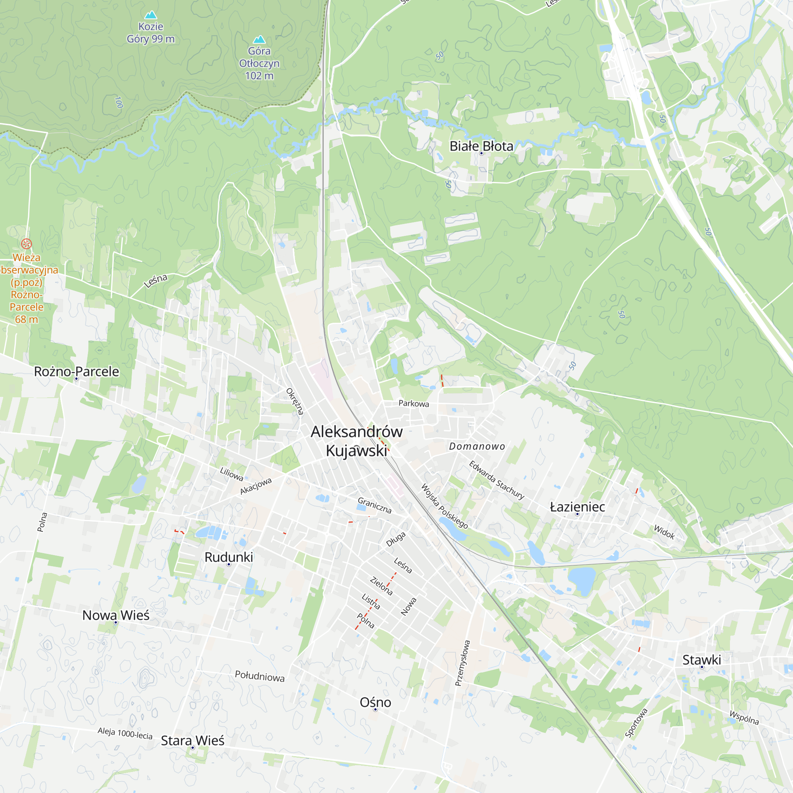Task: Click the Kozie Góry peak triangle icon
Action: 151,15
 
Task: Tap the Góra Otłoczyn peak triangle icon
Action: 259,39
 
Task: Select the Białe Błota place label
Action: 481,146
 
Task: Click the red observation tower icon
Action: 26,244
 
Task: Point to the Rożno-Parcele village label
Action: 77,372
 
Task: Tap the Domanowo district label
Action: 477,446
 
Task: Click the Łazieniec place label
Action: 577,507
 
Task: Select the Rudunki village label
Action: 229,557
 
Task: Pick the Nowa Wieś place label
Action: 116,615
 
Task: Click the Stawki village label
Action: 701,660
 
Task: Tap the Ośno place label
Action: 375,702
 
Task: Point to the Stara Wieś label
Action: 193,740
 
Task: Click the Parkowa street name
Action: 414,404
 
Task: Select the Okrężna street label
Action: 295,401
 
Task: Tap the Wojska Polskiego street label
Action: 444,506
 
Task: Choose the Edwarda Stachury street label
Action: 497,480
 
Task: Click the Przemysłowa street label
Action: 462,663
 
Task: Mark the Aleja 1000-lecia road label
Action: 125,733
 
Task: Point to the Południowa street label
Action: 259,676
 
